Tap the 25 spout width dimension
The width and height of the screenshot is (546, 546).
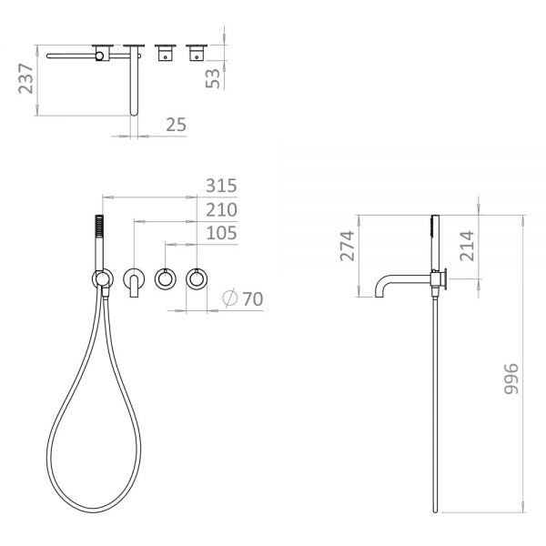click(x=176, y=125)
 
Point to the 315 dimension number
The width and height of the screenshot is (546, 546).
click(x=221, y=186)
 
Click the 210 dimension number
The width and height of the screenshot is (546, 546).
click(x=221, y=209)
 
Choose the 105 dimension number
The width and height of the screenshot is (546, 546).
click(x=221, y=233)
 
